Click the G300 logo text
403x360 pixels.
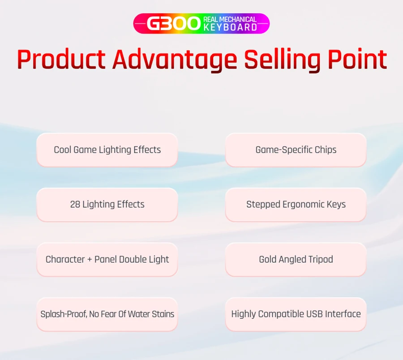click(173, 24)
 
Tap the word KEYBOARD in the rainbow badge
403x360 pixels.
click(230, 27)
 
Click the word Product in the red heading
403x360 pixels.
click(61, 60)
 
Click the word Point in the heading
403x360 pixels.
click(357, 59)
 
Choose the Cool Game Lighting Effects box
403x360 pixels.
click(107, 150)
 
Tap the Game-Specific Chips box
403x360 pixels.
click(296, 150)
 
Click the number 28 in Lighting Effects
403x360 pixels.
click(75, 205)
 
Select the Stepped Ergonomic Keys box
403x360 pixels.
click(296, 205)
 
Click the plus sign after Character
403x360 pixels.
click(90, 260)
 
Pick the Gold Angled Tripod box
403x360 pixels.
click(296, 260)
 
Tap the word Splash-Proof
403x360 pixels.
click(64, 314)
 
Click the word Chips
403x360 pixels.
click(326, 150)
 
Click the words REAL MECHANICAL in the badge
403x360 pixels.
click(230, 20)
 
